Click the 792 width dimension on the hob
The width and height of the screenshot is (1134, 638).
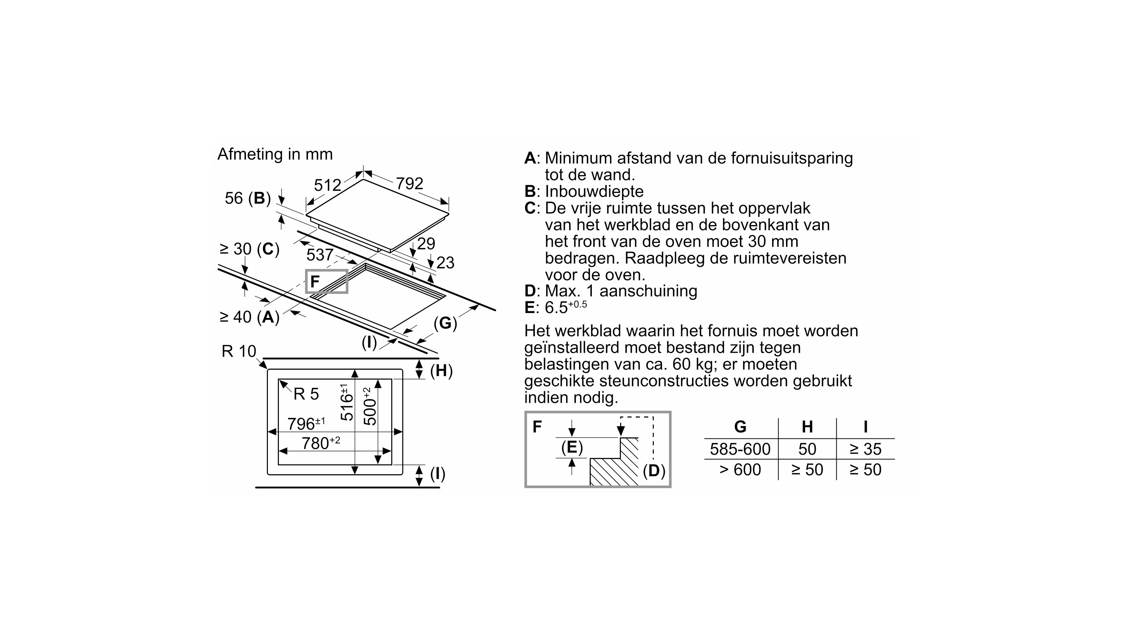[409, 184]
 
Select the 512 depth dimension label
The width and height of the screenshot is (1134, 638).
[327, 185]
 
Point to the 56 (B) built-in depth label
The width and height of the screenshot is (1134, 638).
[248, 198]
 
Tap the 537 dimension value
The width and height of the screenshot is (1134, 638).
[320, 254]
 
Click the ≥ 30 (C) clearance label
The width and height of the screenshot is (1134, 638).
[249, 249]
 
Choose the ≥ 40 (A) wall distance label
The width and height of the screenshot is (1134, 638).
[249, 317]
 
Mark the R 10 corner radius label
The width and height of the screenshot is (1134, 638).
[238, 351]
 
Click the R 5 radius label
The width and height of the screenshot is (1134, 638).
[306, 394]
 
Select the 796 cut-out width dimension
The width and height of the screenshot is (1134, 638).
[305, 424]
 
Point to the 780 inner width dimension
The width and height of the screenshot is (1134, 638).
[320, 443]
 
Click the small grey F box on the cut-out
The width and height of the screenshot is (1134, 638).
[327, 281]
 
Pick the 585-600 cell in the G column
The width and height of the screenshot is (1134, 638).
[740, 449]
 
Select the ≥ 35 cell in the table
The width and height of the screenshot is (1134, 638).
[865, 449]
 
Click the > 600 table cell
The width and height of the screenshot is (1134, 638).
[740, 470]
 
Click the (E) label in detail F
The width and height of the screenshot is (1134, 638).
[572, 447]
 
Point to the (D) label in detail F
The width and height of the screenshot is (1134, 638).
[654, 471]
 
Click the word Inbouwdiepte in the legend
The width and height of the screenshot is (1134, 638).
[594, 191]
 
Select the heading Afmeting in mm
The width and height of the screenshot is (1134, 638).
[275, 154]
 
